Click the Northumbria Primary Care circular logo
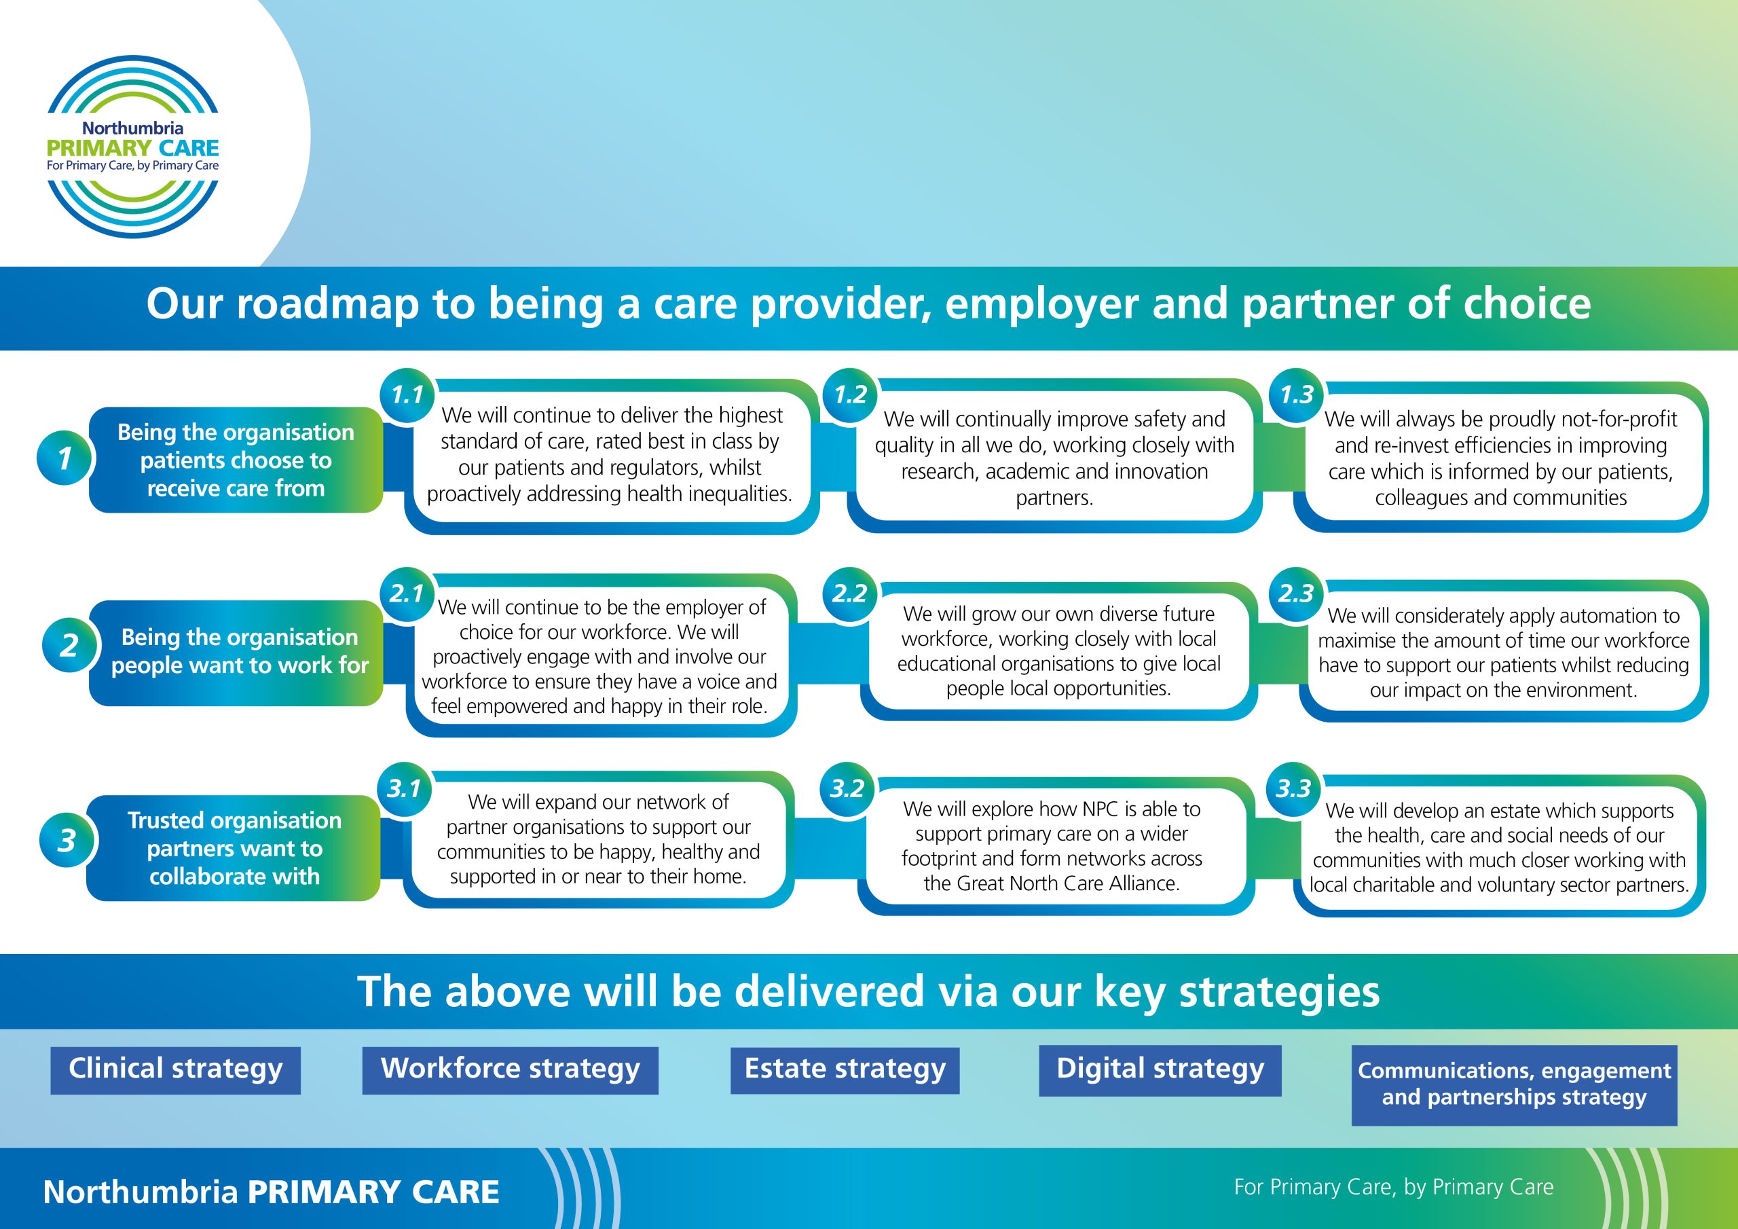tap(132, 146)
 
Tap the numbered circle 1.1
tap(407, 395)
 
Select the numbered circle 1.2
tap(850, 395)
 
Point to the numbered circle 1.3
tap(1296, 395)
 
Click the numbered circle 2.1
tap(407, 593)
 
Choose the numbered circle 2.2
tap(849, 593)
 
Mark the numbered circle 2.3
tap(1295, 593)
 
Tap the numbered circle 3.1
tap(404, 789)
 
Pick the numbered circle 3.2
tap(847, 789)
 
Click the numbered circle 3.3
tap(1293, 789)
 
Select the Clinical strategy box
tap(176, 1070)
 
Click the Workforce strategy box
tap(510, 1070)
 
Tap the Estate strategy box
tap(845, 1070)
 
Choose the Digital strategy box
tap(1160, 1070)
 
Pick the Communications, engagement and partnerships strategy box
tap(1515, 1085)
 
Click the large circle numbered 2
tap(69, 645)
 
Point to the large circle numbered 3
tap(67, 841)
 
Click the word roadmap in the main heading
tap(328, 304)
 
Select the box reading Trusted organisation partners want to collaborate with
tap(233, 848)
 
